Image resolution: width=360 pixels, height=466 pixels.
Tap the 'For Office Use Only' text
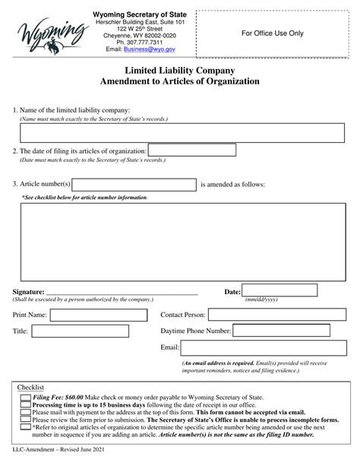pos(272,33)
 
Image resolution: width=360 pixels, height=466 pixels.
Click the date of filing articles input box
pos(191,151)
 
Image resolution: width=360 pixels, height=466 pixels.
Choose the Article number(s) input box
pos(134,184)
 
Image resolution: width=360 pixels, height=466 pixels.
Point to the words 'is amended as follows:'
pos(232,184)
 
